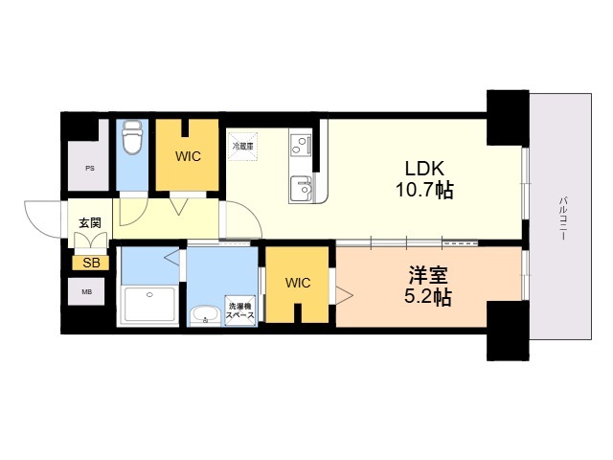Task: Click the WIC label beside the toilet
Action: [188, 156]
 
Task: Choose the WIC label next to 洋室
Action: [297, 283]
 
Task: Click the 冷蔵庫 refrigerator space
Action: [241, 147]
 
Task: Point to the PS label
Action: [90, 168]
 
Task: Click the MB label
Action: [87, 291]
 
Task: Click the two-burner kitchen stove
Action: [302, 146]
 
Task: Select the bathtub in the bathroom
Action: [150, 306]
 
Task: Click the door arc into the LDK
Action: [243, 222]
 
